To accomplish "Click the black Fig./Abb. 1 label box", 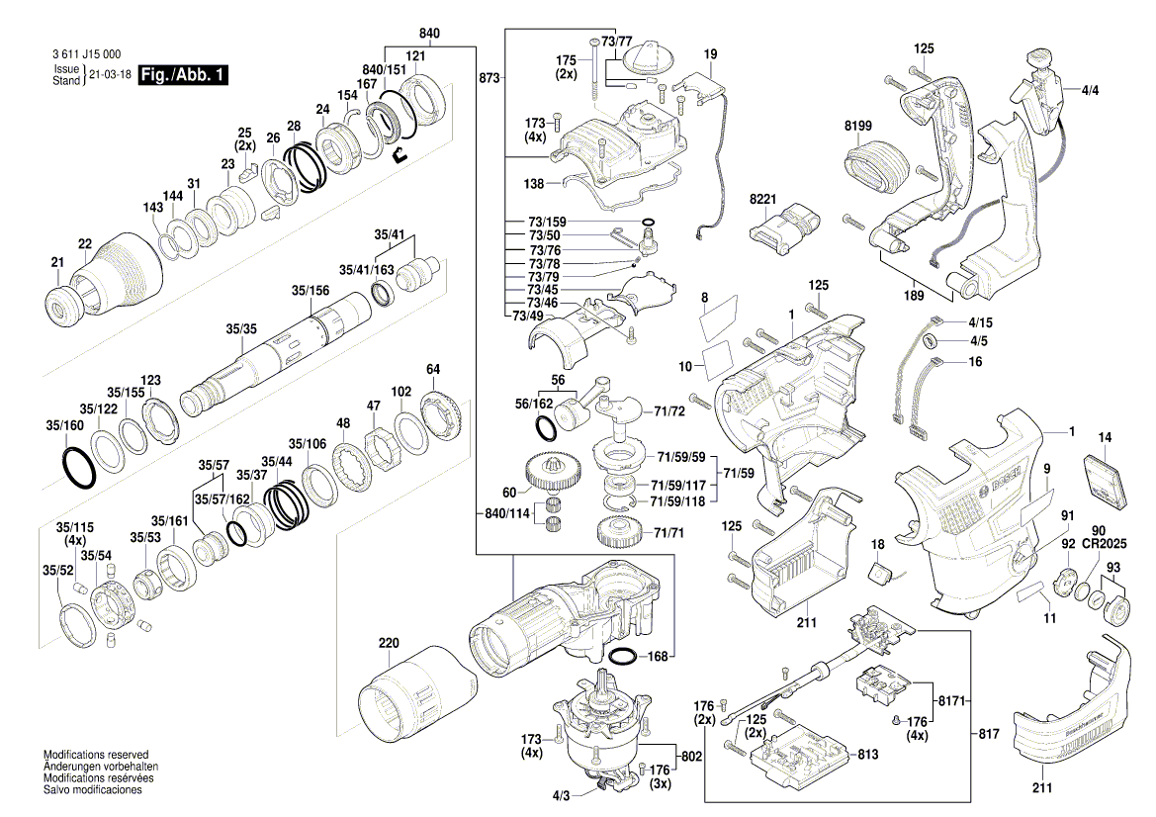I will coord(183,75).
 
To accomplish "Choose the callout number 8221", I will coord(763,200).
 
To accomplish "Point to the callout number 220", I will coord(389,643).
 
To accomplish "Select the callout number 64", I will coord(432,370).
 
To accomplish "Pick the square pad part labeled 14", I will coord(1106,483).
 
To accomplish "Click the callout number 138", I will coord(533,184).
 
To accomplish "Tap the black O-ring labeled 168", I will coord(624,657).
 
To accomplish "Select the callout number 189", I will coord(914,295).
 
